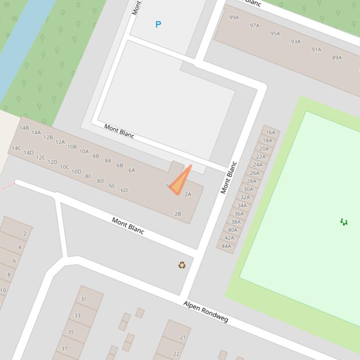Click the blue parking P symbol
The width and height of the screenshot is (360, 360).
click(x=158, y=24)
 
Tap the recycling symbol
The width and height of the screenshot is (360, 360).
click(x=182, y=265)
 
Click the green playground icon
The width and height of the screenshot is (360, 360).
click(x=344, y=222)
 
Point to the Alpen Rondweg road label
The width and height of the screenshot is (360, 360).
click(x=206, y=312)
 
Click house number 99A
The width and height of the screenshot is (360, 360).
click(x=234, y=18)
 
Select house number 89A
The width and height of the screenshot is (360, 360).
click(x=337, y=58)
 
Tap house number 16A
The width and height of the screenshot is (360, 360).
click(x=271, y=132)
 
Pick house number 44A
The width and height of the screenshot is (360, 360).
click(x=227, y=246)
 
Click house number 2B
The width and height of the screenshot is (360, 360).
click(x=178, y=214)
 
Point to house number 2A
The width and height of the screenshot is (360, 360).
click(x=188, y=194)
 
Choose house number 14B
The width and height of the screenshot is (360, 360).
click(x=24, y=128)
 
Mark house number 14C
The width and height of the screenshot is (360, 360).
click(x=16, y=148)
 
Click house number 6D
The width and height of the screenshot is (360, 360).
click(x=124, y=190)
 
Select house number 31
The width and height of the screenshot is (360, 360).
click(x=84, y=299)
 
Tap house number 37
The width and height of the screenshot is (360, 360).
click(x=65, y=348)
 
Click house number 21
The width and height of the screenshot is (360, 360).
click(x=183, y=337)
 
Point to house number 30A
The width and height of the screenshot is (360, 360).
click(x=248, y=189)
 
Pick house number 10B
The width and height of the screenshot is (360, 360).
click(x=72, y=147)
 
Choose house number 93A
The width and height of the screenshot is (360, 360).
click(x=296, y=42)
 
